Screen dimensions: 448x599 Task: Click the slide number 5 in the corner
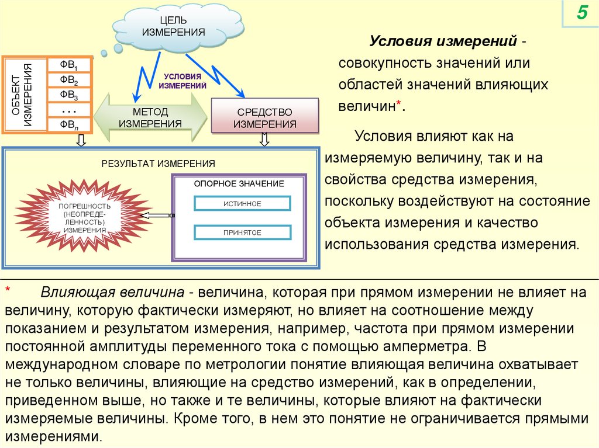point(582,13)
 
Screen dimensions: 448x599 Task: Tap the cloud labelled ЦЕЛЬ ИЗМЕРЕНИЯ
point(173,27)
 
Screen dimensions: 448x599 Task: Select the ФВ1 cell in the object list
point(69,64)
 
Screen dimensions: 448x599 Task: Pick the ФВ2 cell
point(69,79)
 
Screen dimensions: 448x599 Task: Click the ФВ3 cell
point(69,95)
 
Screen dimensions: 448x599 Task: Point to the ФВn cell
point(69,124)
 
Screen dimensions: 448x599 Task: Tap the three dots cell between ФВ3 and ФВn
point(69,110)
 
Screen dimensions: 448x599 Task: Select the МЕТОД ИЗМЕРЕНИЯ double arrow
point(151,117)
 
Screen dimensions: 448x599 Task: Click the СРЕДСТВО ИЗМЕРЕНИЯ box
point(264,117)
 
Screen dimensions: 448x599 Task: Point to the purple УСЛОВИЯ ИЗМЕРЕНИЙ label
point(183,81)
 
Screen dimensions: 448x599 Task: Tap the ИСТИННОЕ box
point(242,203)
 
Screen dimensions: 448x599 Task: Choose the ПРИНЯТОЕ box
point(242,232)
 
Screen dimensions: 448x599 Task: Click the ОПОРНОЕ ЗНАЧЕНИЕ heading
point(239,183)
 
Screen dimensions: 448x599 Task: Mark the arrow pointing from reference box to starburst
point(157,216)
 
